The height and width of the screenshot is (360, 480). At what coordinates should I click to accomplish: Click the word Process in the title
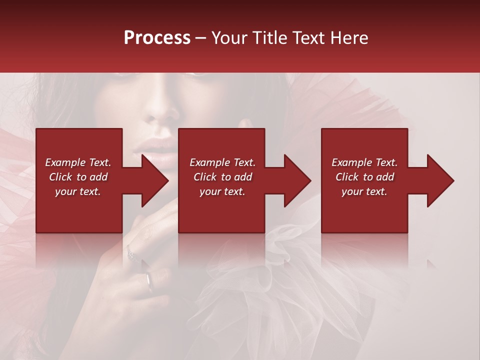(x=157, y=38)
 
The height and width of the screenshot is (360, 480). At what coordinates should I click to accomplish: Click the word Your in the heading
(x=228, y=38)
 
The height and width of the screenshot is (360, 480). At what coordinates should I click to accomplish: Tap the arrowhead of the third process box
(x=439, y=180)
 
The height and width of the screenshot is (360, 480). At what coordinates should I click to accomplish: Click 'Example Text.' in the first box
(x=78, y=162)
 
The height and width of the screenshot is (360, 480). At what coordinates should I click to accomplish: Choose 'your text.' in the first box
(x=78, y=191)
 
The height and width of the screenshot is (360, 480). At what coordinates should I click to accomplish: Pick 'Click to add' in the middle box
(x=222, y=177)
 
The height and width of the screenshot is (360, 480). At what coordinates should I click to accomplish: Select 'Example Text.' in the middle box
(x=222, y=162)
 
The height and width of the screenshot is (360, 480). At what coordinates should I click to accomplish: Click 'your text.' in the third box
(x=364, y=191)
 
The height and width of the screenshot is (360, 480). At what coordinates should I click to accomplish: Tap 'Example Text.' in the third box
(x=364, y=162)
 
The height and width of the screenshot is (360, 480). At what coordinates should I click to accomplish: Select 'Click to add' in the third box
(x=364, y=177)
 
